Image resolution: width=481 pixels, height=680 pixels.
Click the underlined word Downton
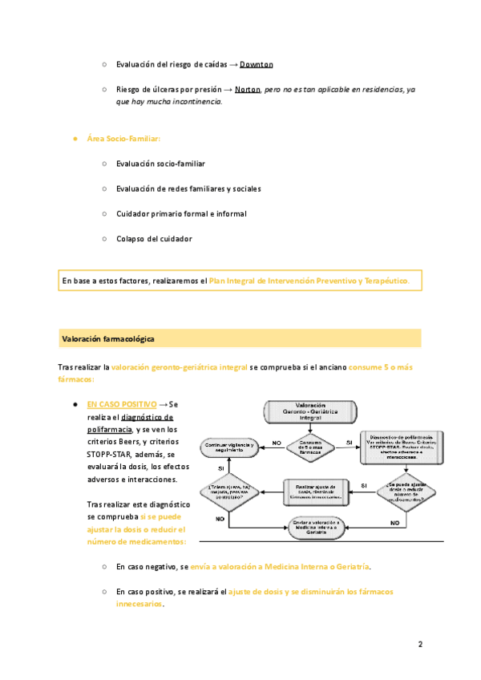pos(257,64)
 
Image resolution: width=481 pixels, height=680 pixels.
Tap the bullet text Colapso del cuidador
pos(154,238)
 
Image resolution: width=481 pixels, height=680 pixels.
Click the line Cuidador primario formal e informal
pos(181,213)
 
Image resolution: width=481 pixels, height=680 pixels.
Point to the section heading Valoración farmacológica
pos(108,339)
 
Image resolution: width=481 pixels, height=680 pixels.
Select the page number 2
pos(420,644)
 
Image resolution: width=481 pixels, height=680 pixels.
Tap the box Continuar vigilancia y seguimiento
pos(230,446)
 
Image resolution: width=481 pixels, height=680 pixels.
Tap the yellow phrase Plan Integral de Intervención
pos(309,281)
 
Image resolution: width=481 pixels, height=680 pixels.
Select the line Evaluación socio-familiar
pos(160,164)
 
